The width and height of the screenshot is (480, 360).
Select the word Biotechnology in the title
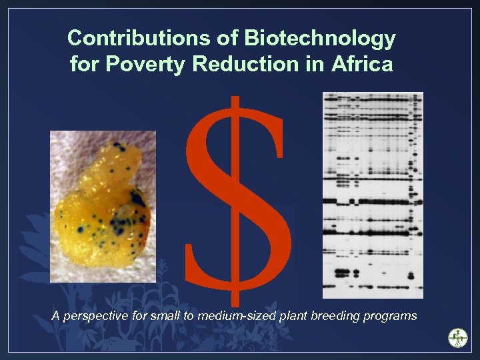(x=321, y=39)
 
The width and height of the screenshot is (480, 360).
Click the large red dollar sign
(x=237, y=200)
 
